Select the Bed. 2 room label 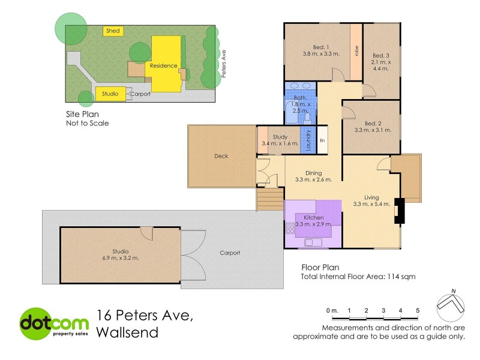coord(369,121)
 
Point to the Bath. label coord(300,97)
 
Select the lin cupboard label coord(322,141)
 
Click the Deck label coord(221,157)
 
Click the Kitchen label coord(313,217)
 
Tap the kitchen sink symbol coord(314,242)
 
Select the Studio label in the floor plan coord(121,251)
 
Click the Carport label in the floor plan coord(229,253)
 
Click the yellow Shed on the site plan coord(112,31)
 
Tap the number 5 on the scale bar coord(417,310)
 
